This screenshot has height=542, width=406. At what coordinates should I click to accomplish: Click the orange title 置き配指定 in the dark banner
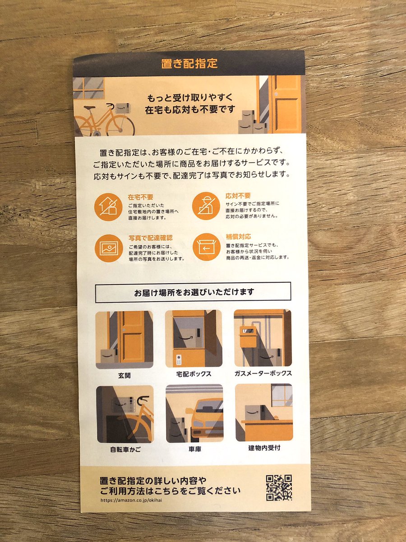[x=189, y=64]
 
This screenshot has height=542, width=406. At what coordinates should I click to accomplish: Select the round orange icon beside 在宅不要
[x=108, y=207]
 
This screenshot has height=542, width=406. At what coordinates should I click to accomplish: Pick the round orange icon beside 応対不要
[x=206, y=206]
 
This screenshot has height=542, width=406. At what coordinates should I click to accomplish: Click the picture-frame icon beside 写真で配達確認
[x=109, y=248]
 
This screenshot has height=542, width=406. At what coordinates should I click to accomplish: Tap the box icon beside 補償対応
[x=206, y=247]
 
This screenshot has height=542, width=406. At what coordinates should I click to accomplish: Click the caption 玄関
[x=124, y=376]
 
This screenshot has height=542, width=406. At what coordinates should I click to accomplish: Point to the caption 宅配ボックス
[x=194, y=374]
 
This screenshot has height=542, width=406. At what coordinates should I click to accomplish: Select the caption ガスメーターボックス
[x=263, y=373]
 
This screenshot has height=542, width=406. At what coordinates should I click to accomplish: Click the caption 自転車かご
[x=125, y=449]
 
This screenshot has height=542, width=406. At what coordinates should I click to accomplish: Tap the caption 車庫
[x=195, y=449]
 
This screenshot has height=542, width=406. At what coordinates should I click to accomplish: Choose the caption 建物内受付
[x=264, y=448]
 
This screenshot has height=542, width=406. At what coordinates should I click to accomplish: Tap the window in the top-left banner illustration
[x=89, y=89]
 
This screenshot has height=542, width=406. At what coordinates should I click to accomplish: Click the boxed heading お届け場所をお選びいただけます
[x=193, y=292]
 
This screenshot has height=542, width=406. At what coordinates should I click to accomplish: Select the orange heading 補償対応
[x=238, y=237]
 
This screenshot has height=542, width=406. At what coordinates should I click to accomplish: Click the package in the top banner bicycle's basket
[x=123, y=108]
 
